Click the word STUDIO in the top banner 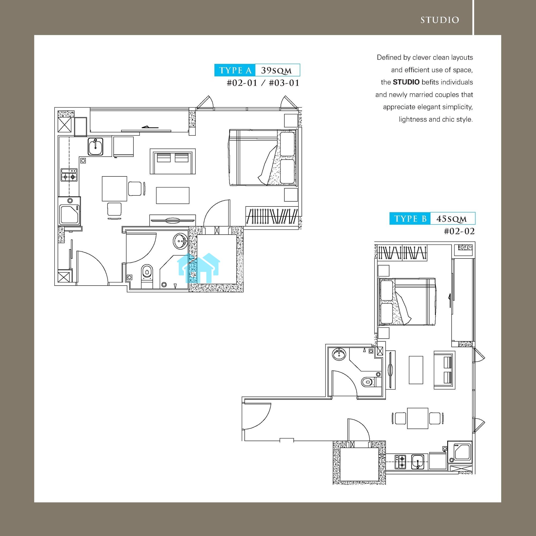(440, 20)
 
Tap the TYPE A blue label (235, 70)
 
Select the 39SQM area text (276, 71)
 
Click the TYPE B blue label (410, 219)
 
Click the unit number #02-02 (459, 231)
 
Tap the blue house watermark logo (199, 268)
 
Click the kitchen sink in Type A (95, 147)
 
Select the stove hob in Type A (69, 175)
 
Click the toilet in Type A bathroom (147, 276)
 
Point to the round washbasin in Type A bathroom (181, 241)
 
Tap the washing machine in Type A (70, 211)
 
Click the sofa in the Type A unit (173, 161)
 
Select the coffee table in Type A (173, 195)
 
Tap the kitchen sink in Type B (418, 462)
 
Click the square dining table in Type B (418, 418)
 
